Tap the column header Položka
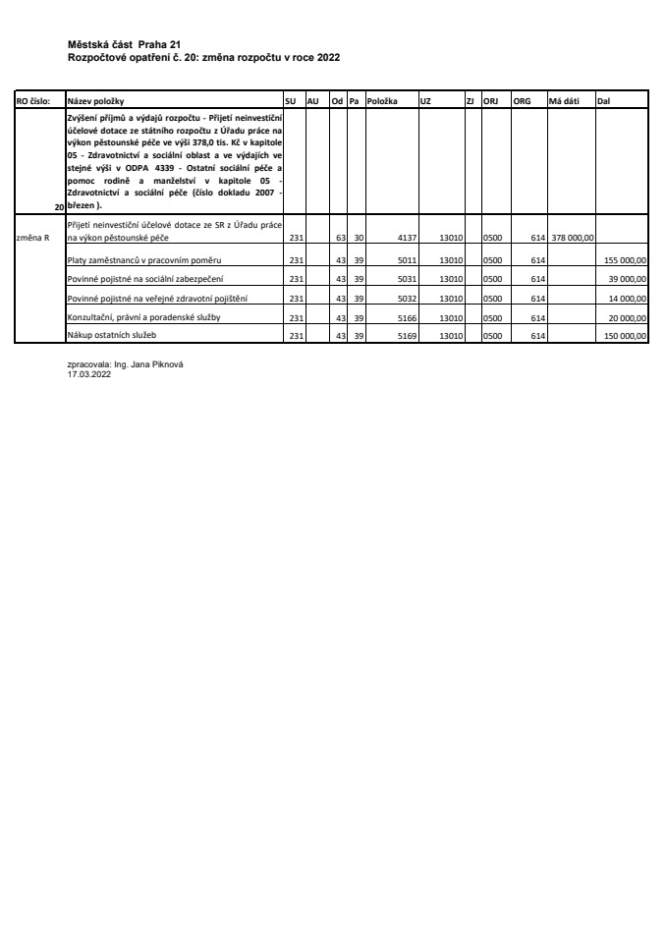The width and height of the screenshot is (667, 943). pyautogui.click(x=381, y=100)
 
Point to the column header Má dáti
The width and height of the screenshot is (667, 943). pyautogui.click(x=564, y=100)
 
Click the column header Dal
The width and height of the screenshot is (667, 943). pyautogui.click(x=603, y=100)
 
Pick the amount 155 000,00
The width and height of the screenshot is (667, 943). pyautogui.click(x=625, y=260)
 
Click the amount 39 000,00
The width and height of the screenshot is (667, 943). pyautogui.click(x=627, y=280)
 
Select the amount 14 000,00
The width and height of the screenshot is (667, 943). pyautogui.click(x=627, y=299)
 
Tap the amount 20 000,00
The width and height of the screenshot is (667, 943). pyautogui.click(x=627, y=317)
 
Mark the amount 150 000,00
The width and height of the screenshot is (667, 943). pyautogui.click(x=625, y=336)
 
